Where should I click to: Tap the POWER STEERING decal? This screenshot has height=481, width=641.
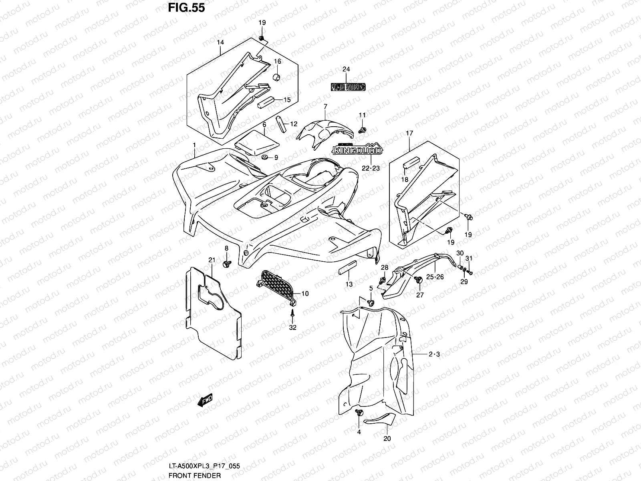348,87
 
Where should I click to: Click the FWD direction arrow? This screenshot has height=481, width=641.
205,400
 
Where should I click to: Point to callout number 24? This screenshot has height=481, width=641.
346,69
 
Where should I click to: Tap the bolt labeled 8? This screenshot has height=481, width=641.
226,264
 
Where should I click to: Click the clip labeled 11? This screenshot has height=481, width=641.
362,129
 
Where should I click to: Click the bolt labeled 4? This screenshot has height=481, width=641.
359,412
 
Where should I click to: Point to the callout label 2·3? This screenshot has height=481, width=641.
434,355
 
